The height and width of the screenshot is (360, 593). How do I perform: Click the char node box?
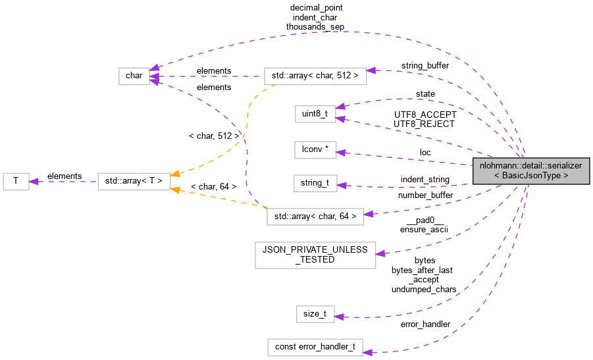click(134, 76)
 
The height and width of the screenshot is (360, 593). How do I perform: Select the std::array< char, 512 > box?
click(315, 76)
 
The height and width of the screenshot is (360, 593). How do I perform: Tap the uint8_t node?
click(315, 114)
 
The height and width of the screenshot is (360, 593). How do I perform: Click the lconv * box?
click(315, 150)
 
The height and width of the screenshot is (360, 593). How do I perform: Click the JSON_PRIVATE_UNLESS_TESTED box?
click(315, 254)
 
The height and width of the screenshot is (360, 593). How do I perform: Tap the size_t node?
click(315, 314)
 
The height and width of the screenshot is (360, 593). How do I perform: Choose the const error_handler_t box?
click(315, 347)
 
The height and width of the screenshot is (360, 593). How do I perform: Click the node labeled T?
click(16, 182)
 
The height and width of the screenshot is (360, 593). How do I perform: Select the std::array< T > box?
click(134, 182)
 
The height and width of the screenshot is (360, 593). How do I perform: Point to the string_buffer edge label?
click(425, 66)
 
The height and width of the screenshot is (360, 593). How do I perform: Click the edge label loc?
click(425, 152)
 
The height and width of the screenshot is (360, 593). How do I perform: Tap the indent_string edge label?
click(425, 179)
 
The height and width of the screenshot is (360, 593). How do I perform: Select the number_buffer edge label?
click(425, 195)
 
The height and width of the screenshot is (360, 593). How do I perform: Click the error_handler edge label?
click(425, 324)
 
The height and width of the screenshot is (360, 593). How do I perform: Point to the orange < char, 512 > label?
click(214, 136)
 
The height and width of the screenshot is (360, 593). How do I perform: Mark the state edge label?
click(425, 94)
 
